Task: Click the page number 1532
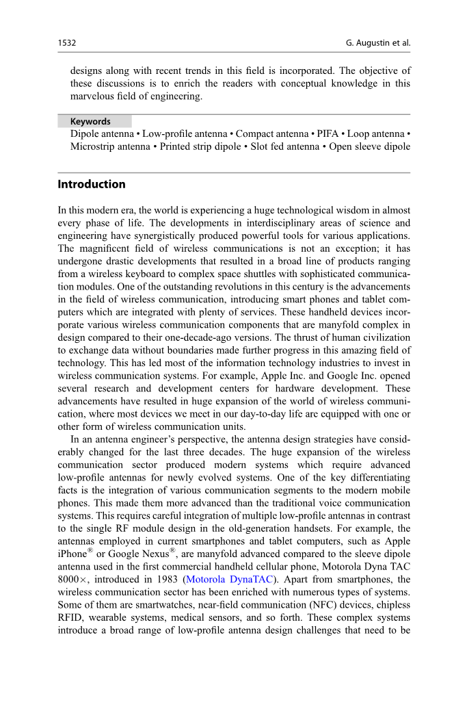(x=66, y=43)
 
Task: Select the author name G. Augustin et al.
(x=378, y=43)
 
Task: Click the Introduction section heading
(x=92, y=184)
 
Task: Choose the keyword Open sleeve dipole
(x=370, y=146)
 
